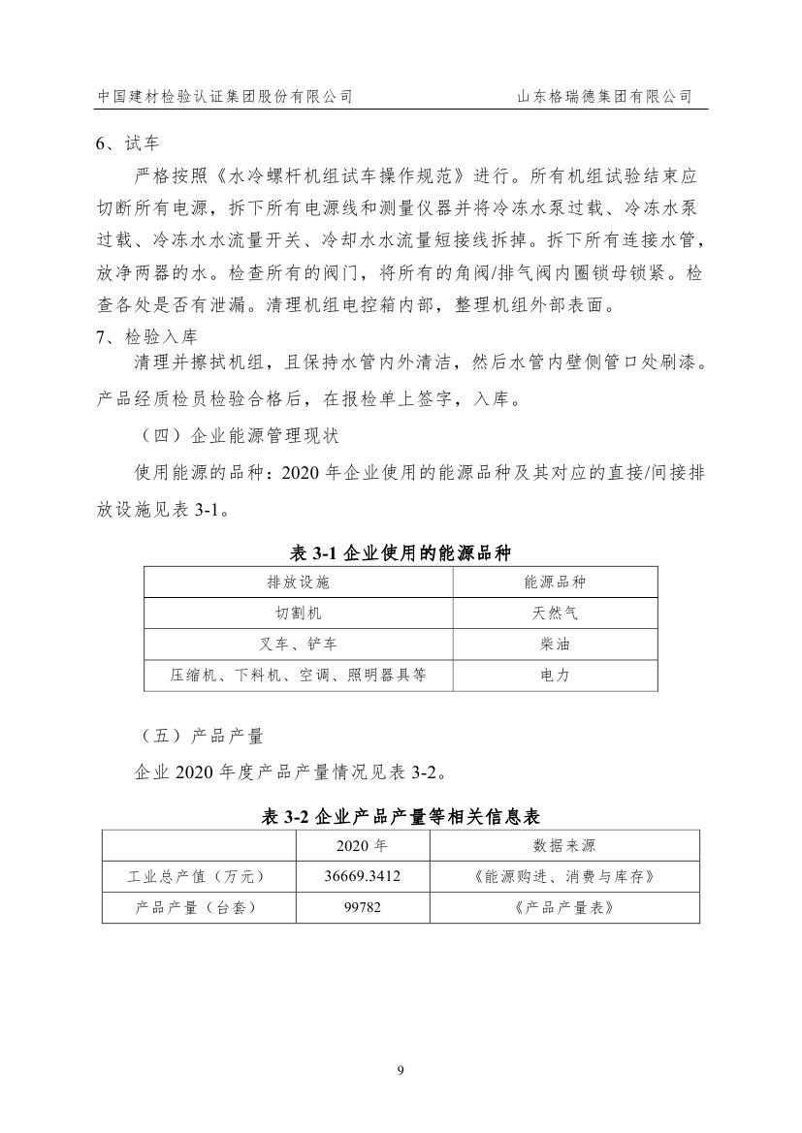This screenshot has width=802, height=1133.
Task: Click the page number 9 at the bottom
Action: tap(401, 1070)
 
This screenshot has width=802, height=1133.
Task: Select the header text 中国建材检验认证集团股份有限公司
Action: tap(225, 97)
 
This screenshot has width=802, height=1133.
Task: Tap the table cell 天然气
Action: tap(555, 614)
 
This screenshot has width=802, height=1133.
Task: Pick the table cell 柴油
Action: tap(555, 644)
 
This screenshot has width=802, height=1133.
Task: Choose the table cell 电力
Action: tap(555, 676)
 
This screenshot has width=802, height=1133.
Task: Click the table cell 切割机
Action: tap(299, 614)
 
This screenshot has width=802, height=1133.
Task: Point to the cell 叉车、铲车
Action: tap(299, 644)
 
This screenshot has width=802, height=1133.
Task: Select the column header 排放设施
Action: tap(299, 582)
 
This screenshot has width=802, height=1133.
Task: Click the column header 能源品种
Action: tap(555, 582)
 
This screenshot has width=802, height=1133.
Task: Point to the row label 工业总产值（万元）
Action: tap(198, 876)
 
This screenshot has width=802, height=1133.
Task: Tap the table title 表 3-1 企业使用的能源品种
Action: tap(401, 552)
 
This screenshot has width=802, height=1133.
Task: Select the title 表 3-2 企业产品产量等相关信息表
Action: tap(401, 817)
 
